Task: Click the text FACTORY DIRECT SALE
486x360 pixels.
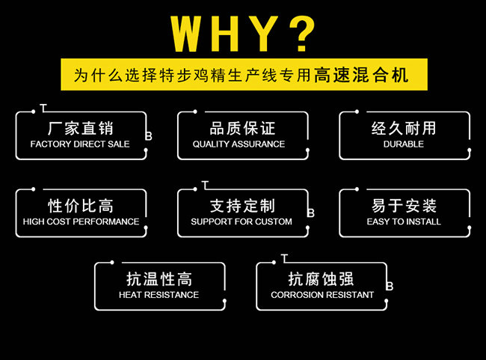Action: coord(80,144)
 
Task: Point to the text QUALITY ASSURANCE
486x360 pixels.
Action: coord(239,144)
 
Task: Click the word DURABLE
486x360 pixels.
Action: coord(404,144)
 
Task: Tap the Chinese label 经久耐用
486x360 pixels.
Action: coord(404,128)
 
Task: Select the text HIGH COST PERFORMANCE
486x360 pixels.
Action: coord(81,222)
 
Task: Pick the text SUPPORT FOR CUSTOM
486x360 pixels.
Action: coord(242,222)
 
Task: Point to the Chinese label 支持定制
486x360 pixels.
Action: coord(242,206)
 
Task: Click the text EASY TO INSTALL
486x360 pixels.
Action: coord(404,222)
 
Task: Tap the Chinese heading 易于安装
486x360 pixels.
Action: coord(404,206)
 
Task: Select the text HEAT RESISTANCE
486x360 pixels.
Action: coord(159,295)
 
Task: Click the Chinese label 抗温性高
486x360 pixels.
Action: coord(160,279)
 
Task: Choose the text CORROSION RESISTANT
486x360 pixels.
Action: coord(322,295)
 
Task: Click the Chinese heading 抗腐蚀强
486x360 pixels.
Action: coord(322,279)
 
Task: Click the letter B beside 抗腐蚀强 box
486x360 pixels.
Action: coord(390,286)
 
